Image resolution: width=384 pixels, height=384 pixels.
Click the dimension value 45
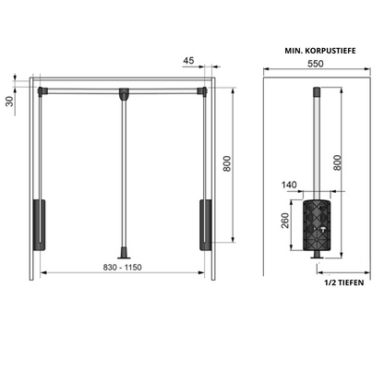(188, 62)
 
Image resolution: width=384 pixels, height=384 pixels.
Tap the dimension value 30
(10, 101)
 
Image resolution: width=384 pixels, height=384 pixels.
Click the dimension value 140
(289, 185)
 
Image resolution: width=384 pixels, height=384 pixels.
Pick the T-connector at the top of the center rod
(123, 91)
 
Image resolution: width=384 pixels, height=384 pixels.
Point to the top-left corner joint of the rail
(42, 90)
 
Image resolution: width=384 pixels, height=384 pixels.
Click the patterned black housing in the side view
(318, 221)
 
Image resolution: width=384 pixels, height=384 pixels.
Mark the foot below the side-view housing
(318, 254)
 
